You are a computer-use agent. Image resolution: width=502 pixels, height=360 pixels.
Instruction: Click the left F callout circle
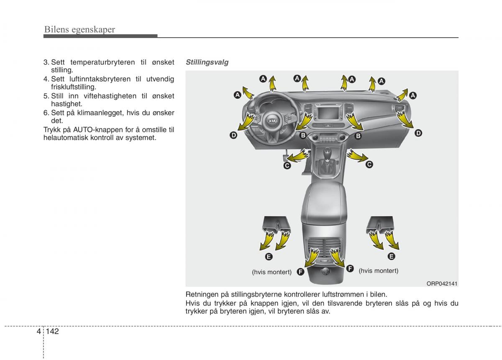pos(300,272)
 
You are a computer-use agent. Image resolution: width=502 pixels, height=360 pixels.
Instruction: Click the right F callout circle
pos(350,268)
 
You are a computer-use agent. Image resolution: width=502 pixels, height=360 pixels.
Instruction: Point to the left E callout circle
pos(269,256)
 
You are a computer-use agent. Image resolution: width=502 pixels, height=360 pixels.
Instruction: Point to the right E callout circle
pos(391,256)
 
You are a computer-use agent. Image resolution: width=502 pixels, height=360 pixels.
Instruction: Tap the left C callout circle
pos(287,166)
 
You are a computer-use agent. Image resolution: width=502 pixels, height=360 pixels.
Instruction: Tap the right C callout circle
pos(369,165)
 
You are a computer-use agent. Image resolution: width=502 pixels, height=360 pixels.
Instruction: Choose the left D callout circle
pos(233,135)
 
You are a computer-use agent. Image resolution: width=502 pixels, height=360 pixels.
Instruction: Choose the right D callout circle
pos(418,133)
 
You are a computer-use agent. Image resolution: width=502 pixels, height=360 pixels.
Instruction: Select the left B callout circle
pos(302,135)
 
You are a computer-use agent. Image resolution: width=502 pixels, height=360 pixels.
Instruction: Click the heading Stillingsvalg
pos(207,62)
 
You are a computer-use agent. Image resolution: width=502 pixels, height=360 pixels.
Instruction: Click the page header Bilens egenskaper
pos(79,29)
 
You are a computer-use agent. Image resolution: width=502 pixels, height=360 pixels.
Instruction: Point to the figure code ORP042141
pos(442,283)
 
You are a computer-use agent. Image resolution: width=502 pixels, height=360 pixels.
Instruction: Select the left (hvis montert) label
pos(271,272)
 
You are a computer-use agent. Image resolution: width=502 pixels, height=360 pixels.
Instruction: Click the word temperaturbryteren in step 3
pos(102,62)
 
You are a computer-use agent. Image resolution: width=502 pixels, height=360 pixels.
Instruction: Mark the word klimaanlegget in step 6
pos(102,113)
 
